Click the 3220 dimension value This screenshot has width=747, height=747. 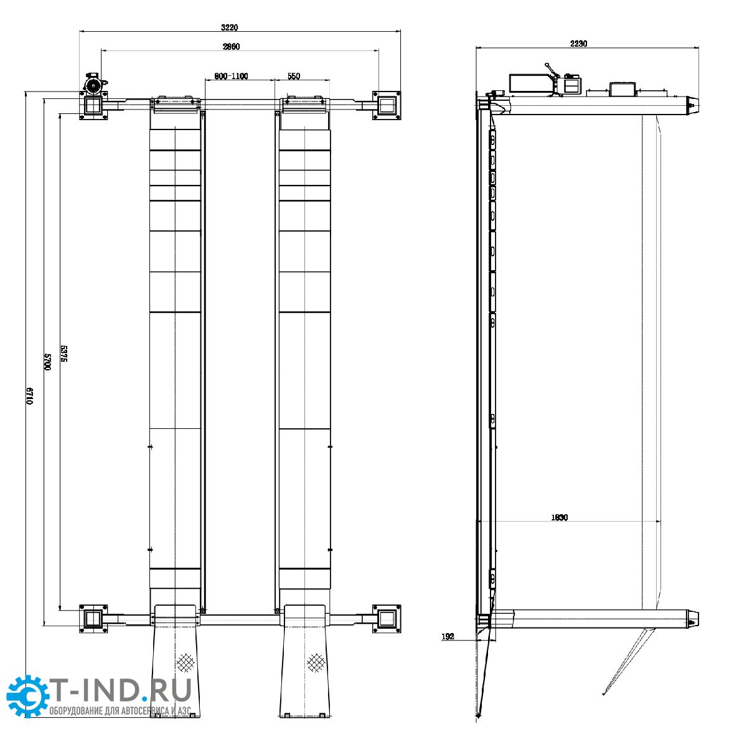point(229,27)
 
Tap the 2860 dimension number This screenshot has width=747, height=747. point(231,47)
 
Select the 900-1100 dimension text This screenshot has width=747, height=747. point(231,76)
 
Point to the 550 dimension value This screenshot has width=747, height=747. point(293,76)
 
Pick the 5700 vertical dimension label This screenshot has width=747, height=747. point(47,361)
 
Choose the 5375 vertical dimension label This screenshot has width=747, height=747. point(64,354)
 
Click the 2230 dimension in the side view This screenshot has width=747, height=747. point(578,44)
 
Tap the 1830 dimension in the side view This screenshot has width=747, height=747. point(559,517)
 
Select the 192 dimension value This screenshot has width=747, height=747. point(448,637)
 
